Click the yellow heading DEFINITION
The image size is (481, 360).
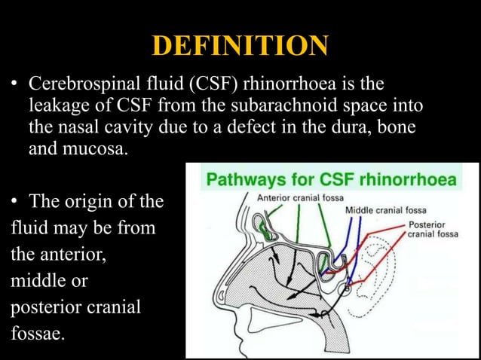click(240, 46)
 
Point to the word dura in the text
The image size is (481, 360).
click(345, 127)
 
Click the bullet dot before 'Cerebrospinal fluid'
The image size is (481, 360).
click(14, 84)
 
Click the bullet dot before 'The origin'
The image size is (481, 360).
click(14, 203)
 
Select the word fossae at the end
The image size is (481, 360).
click(38, 332)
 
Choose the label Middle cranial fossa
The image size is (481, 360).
click(385, 210)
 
